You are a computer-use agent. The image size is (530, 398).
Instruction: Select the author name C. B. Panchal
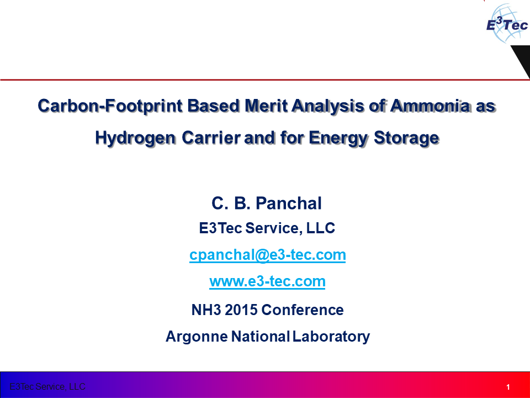click(x=267, y=203)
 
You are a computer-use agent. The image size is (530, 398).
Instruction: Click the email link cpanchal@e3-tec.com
click(x=267, y=255)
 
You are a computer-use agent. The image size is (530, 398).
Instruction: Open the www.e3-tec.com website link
click(x=267, y=281)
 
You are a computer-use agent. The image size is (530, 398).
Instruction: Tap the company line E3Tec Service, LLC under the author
click(x=267, y=228)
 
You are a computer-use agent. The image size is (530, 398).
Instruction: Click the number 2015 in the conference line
click(x=241, y=310)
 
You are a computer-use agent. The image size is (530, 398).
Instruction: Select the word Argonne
click(x=196, y=336)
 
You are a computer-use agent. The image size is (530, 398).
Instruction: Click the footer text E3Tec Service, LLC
click(x=47, y=386)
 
